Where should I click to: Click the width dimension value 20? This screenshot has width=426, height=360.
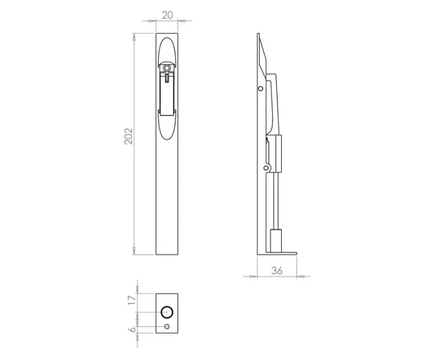[x=167, y=14]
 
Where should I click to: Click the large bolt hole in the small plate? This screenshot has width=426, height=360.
[x=166, y=312]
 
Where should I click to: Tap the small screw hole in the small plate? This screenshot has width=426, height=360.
[x=167, y=328]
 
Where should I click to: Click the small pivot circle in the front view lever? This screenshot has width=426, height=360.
[x=167, y=68]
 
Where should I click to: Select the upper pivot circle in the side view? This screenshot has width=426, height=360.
[x=260, y=89]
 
